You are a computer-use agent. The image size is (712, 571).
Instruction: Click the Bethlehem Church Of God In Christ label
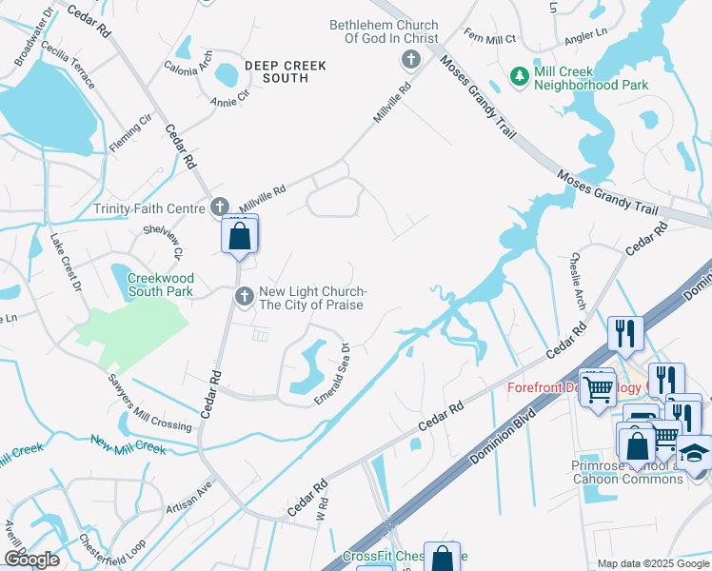pyautogui.click(x=384, y=31)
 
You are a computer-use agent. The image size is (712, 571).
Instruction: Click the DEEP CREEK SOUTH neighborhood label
pyautogui.click(x=285, y=71)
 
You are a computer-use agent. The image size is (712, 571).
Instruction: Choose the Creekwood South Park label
pyautogui.click(x=160, y=284)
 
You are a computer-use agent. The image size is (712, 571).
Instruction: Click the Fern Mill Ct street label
pyautogui.click(x=488, y=39)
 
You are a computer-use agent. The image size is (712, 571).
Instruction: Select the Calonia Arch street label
pyautogui.click(x=188, y=68)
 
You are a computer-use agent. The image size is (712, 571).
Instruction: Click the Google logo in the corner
pyautogui.click(x=31, y=560)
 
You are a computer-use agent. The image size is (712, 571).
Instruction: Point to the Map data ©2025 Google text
pyautogui.click(x=652, y=563)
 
